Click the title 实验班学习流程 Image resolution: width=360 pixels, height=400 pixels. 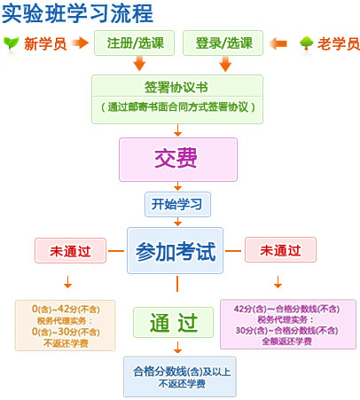(77, 13)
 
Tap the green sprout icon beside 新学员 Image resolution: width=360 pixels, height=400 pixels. (12, 43)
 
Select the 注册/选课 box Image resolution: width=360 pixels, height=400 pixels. (134, 43)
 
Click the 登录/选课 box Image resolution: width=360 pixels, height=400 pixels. (223, 43)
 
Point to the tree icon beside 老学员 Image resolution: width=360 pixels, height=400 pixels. (306, 43)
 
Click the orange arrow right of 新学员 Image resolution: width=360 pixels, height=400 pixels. (80, 43)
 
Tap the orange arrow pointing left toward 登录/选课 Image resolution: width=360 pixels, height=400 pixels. (278, 43)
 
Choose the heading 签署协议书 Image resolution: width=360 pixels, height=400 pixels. (176, 87)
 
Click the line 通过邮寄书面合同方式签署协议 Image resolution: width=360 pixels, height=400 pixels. (178, 106)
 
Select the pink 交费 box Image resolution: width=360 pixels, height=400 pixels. (178, 160)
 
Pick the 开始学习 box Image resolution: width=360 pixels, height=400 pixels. (177, 204)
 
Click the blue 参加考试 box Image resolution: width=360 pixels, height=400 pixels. (175, 250)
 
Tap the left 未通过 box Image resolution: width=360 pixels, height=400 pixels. (70, 250)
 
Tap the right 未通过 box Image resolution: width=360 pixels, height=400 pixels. (280, 250)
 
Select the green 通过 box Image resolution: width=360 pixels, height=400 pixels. (173, 322)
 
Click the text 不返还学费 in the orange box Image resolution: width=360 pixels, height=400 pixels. (66, 343)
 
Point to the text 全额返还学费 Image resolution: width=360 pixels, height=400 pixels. (287, 341)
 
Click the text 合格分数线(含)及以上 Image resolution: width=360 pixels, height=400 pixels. (182, 372)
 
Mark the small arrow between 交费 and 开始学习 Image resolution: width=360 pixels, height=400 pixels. (177, 186)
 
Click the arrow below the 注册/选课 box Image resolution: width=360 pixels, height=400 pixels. (139, 63)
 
